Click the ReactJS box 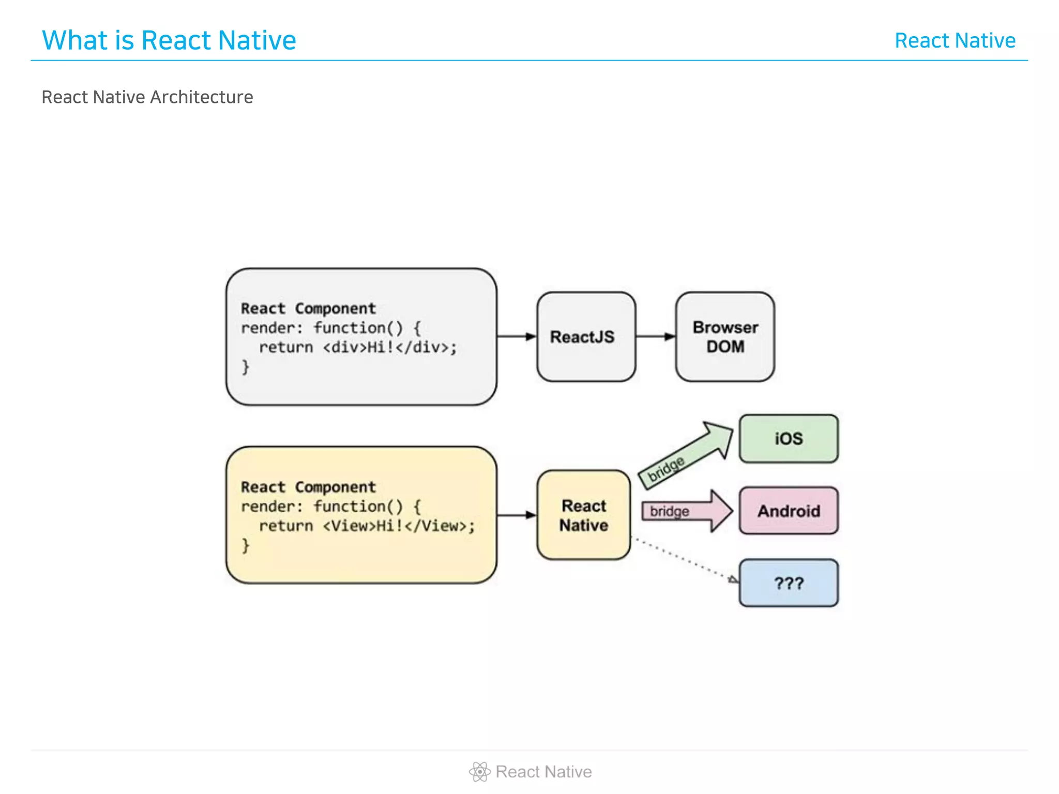point(586,337)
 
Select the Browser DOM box point(725,337)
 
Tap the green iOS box point(788,438)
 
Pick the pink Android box point(788,511)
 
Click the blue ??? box point(788,583)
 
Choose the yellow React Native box point(584,515)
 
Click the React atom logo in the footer point(479,772)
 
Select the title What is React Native point(169,40)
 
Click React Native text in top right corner point(955,40)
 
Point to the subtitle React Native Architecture point(147,97)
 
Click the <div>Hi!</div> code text point(389,347)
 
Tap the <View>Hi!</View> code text point(397,526)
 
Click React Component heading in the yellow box point(308,487)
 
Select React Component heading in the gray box point(308,309)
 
